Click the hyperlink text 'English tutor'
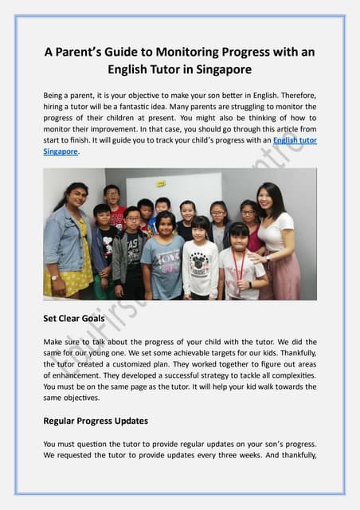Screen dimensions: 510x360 click(x=294, y=139)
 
